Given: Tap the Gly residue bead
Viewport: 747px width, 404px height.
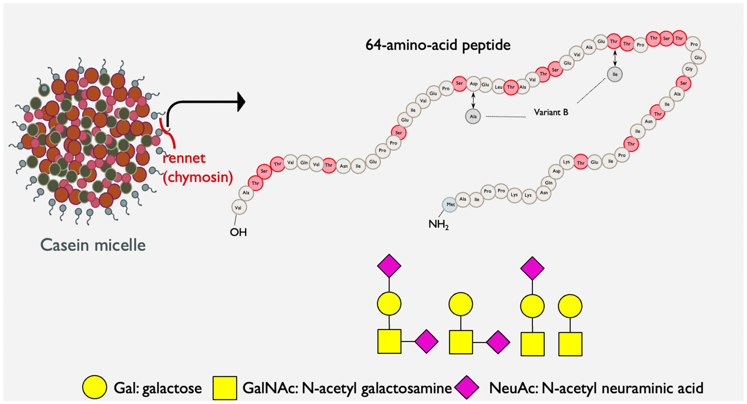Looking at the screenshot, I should [689, 69].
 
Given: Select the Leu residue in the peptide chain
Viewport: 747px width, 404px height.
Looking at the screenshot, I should [498, 87].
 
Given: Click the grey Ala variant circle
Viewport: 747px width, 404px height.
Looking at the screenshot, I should [473, 116].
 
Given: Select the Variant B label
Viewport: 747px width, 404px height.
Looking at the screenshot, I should [551, 112].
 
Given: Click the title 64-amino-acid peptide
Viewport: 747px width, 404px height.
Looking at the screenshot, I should [438, 45].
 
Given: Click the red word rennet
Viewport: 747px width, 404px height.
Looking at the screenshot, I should [184, 158].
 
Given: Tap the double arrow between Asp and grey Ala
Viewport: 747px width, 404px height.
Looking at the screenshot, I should [473, 100].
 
